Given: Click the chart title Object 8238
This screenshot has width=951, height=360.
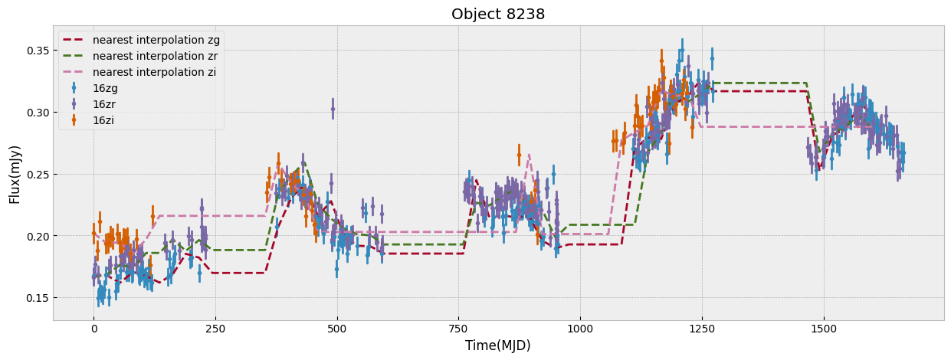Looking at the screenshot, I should point(498,14).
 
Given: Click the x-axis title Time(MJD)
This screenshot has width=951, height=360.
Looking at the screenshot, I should point(498,345).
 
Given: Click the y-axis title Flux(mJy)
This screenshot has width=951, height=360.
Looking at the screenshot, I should point(15,173).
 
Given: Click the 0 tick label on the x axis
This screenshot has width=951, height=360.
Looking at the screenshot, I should point(94,329).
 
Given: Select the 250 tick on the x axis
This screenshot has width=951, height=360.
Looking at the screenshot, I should point(215,329).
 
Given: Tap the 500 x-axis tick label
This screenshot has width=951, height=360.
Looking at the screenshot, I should point(337,329).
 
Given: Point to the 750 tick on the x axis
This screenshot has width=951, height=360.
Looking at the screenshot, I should point(458,329).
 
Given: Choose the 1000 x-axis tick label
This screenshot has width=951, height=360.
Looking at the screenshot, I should point(580,329).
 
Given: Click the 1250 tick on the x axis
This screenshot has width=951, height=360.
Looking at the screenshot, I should point(702,329).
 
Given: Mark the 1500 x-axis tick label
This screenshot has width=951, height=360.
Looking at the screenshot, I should point(824,329).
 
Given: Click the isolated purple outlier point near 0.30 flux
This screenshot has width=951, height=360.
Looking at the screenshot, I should point(333,109).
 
